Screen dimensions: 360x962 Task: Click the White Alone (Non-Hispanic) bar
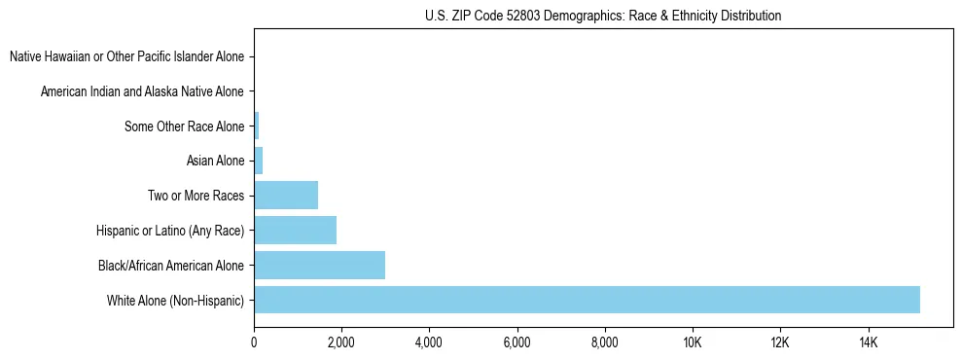587,300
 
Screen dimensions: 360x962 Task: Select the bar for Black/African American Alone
319,265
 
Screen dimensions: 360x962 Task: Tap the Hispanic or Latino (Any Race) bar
295,230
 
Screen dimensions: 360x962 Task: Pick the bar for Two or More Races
286,195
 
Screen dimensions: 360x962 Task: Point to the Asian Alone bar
259,160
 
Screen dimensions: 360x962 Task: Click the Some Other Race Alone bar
257,126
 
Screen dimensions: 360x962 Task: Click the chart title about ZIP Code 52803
603,16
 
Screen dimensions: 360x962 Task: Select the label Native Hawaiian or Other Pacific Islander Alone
126,56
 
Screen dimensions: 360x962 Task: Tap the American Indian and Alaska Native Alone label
142,91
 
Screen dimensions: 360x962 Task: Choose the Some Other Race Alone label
185,126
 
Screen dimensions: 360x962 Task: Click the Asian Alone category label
215,160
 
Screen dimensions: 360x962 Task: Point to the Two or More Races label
196,196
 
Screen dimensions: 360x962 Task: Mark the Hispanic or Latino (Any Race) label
170,231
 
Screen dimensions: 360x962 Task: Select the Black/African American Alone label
171,265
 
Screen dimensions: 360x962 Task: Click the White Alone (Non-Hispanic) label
176,300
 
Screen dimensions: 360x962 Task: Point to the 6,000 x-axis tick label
517,342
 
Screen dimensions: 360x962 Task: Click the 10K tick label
693,342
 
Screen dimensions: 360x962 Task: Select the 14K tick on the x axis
868,342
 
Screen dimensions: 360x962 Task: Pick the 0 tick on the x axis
254,342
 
